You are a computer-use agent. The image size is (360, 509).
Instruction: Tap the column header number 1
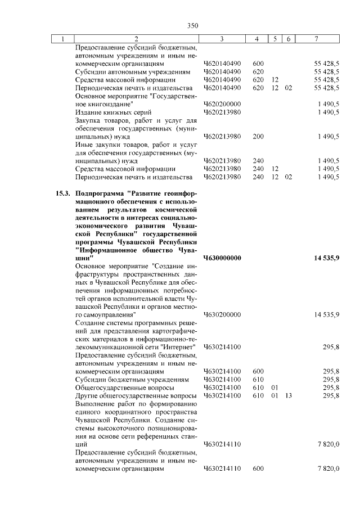(62, 38)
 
